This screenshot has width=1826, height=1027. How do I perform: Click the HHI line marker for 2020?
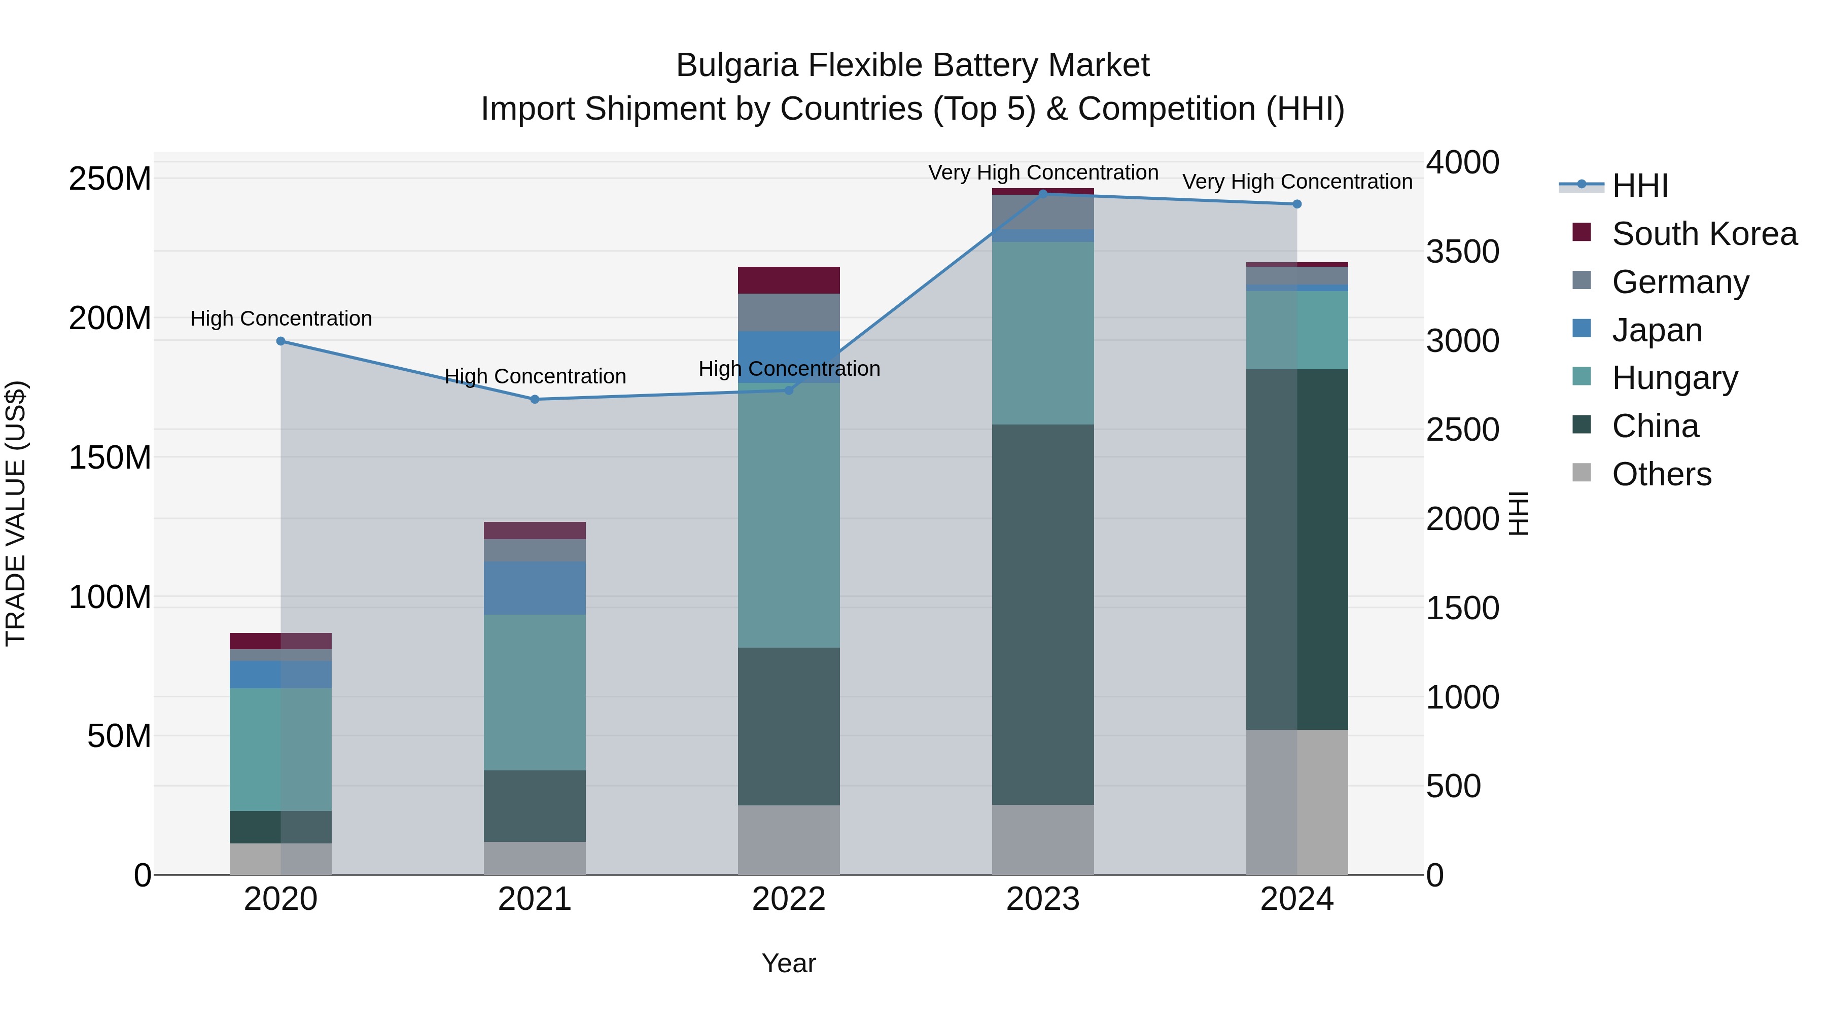280,341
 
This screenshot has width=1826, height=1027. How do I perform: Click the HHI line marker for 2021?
535,399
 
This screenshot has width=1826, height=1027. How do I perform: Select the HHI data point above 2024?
1296,204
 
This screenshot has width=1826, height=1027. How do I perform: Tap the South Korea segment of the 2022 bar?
788,280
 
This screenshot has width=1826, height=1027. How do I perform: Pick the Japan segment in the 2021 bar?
535,588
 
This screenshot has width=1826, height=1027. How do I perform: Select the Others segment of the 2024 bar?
1296,802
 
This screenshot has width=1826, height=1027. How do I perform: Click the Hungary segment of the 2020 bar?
280,749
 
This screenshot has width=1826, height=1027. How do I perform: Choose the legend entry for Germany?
1680,282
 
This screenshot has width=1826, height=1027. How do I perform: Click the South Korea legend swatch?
1582,232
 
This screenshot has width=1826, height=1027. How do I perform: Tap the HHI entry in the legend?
1639,186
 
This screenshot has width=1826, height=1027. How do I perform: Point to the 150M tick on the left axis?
110,458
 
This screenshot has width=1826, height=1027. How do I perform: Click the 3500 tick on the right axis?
1462,252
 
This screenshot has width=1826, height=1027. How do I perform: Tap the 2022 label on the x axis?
788,899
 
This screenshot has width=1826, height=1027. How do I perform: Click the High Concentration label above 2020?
280,319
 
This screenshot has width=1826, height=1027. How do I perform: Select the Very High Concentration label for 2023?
1043,172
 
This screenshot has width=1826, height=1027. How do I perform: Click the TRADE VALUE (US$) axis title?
16,513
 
